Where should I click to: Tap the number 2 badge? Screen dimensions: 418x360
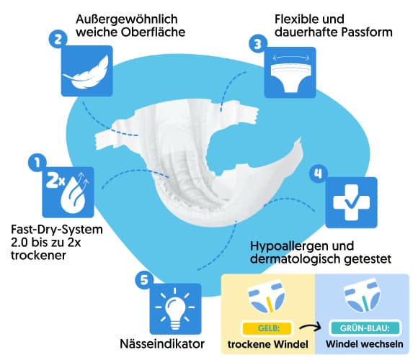point(58,40)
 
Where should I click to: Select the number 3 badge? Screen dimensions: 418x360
point(258,44)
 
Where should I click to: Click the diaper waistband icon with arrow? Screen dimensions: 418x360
point(290,73)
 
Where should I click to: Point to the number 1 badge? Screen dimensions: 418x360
point(37,163)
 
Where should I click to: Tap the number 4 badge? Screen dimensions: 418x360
point(319,174)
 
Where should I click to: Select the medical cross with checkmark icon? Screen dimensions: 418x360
point(352,202)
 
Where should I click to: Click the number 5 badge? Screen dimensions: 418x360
point(144,280)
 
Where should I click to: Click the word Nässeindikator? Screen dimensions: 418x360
point(162,343)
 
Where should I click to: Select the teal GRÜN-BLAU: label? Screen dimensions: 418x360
point(365,328)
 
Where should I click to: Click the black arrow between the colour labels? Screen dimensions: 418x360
point(310,328)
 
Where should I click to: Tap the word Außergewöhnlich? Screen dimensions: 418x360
point(127,19)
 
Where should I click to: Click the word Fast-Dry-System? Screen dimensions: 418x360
point(57,230)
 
